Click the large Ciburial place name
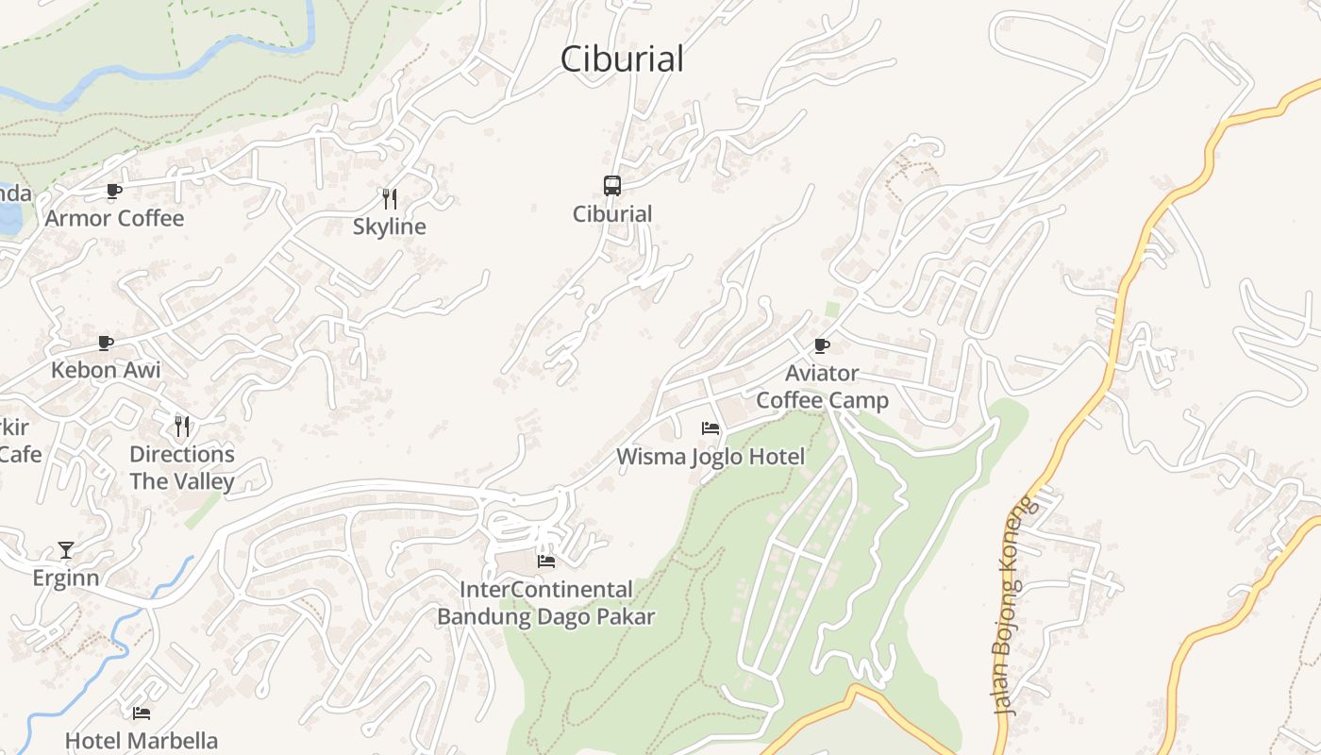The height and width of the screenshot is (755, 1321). (622, 59)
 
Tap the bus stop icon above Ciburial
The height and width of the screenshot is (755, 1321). (612, 185)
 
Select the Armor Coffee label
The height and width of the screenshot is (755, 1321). (115, 218)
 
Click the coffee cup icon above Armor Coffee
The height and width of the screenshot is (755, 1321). (114, 191)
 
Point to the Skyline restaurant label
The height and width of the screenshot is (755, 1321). (390, 226)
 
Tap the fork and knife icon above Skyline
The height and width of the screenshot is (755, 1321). (389, 198)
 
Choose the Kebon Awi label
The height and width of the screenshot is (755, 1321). (106, 370)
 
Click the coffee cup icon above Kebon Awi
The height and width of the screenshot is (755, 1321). (106, 343)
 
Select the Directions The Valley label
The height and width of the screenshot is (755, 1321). (182, 468)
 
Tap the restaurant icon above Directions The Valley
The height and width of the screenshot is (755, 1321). (182, 426)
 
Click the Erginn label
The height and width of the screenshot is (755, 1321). (66, 578)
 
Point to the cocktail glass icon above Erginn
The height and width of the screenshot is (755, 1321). (66, 549)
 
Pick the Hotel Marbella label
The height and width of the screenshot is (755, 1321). (142, 741)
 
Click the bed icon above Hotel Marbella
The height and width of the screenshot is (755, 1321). (142, 713)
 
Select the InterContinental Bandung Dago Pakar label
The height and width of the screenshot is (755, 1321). (545, 603)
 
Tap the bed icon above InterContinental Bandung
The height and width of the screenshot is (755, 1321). (545, 561)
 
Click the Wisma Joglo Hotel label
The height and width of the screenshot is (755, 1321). (711, 457)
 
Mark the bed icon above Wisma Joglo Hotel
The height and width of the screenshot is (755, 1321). (711, 428)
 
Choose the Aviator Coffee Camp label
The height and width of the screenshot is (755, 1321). (822, 387)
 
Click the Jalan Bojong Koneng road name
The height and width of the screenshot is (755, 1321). (1014, 604)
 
